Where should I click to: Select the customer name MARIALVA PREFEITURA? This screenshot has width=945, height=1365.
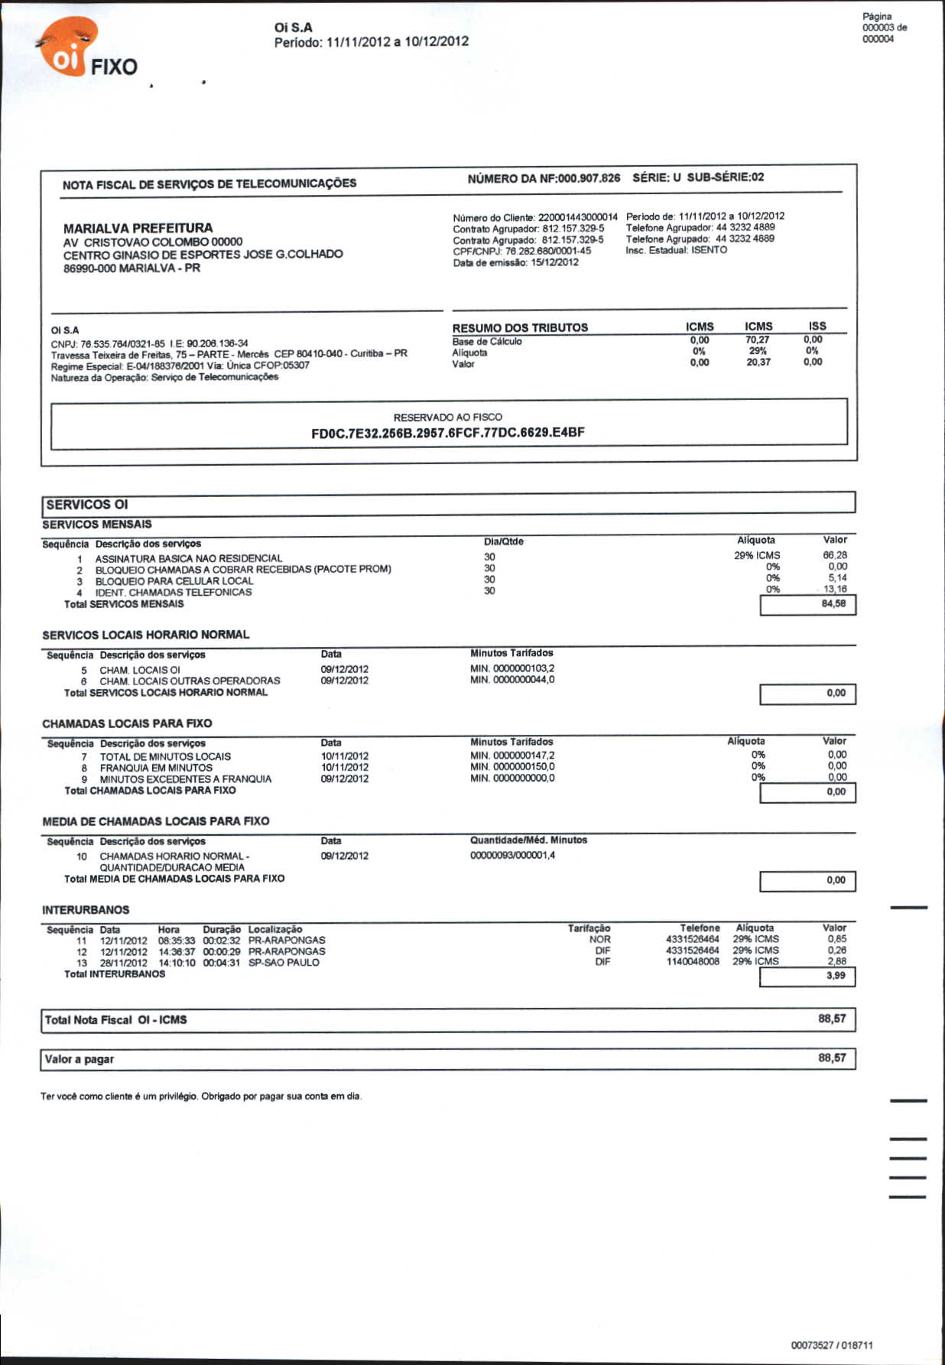click(x=138, y=228)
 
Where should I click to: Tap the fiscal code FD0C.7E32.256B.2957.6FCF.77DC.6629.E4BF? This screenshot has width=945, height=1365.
click(x=448, y=433)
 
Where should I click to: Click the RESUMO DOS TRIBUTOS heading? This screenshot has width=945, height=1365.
click(x=520, y=328)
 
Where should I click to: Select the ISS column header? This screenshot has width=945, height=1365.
click(x=817, y=327)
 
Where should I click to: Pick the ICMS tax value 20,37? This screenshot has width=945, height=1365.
click(x=758, y=362)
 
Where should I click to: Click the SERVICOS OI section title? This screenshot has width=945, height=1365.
click(x=87, y=505)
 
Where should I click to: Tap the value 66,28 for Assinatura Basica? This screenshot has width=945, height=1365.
click(x=835, y=555)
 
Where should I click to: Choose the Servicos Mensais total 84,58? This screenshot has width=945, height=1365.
click(x=833, y=604)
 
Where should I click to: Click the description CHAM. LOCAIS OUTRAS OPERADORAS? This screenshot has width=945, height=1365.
click(x=190, y=681)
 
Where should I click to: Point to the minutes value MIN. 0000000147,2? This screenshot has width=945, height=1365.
click(x=512, y=756)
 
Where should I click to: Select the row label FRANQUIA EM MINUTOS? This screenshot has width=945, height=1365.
click(x=156, y=768)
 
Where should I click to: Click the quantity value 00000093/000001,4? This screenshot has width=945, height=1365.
click(x=512, y=856)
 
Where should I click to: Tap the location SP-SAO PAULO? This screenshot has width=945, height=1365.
click(x=284, y=963)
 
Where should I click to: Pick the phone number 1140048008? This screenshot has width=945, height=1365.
click(x=693, y=962)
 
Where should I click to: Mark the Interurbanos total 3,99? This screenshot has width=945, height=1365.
click(x=836, y=976)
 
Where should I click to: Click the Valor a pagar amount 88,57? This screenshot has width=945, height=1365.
click(x=832, y=1058)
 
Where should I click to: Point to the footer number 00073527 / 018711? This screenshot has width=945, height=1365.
click(x=832, y=1345)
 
